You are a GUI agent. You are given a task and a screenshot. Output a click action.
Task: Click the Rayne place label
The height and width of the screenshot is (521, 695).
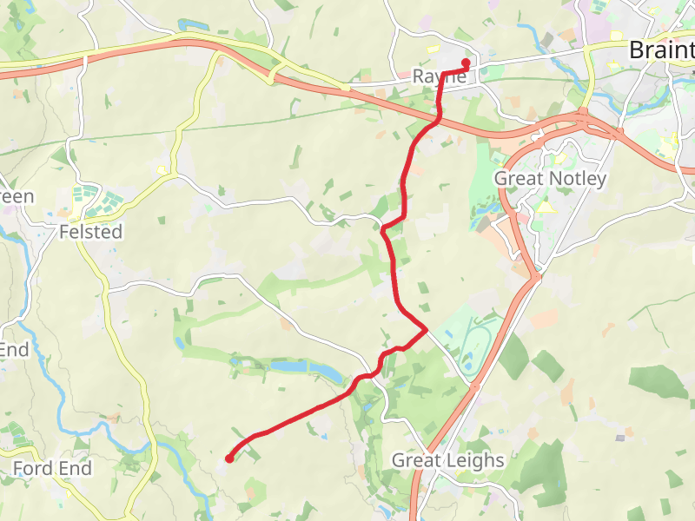pos(439,77)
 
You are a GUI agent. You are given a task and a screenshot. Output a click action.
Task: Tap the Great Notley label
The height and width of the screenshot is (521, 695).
pos(550,178)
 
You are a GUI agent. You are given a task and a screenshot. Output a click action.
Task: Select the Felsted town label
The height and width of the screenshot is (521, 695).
pos(90,232)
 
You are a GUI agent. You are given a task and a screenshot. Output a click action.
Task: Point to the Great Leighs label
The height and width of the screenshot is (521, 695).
pos(447,460)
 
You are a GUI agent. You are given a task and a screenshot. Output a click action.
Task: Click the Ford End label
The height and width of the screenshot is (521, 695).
pos(52,469)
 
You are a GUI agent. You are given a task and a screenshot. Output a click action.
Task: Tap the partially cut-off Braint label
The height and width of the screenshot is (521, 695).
pos(661,49)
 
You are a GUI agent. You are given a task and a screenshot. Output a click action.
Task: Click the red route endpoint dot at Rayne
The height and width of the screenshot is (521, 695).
pos(466,63)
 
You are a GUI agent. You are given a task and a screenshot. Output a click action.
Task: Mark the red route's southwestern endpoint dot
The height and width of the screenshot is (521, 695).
pos(229,458)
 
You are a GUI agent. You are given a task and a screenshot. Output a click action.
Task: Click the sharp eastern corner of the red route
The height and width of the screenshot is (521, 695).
pos(426,329)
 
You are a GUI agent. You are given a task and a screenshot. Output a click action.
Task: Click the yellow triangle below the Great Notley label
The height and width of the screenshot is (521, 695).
pos(546,208)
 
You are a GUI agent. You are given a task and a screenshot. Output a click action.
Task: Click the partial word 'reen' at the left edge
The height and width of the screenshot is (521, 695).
pos(17,196)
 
